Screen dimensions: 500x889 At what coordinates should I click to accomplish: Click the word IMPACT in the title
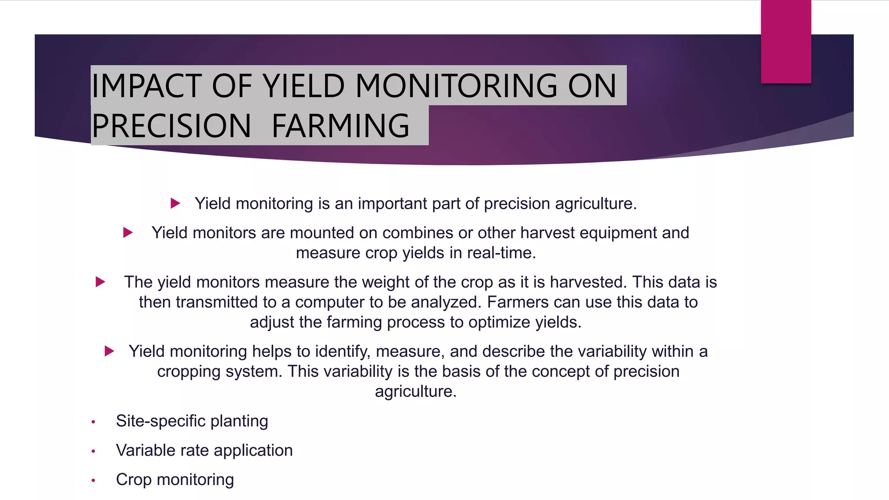146,86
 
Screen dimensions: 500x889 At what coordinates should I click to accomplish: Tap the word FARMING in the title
340,126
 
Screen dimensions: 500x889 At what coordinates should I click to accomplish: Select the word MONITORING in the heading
456,86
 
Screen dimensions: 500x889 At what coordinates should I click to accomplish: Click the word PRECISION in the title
171,126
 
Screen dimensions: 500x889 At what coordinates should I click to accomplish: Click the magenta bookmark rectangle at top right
786,41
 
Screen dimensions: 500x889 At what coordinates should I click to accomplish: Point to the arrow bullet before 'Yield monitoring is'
175,203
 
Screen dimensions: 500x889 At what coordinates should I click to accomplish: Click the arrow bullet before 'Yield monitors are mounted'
128,233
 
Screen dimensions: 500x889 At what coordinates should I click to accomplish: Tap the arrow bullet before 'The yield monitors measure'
100,282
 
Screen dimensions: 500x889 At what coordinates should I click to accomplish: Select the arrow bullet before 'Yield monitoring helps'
109,351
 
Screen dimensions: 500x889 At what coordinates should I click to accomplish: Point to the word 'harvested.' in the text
588,282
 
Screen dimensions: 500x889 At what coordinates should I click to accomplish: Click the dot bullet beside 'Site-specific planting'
93,422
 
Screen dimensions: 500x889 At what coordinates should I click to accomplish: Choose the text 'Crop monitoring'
175,480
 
